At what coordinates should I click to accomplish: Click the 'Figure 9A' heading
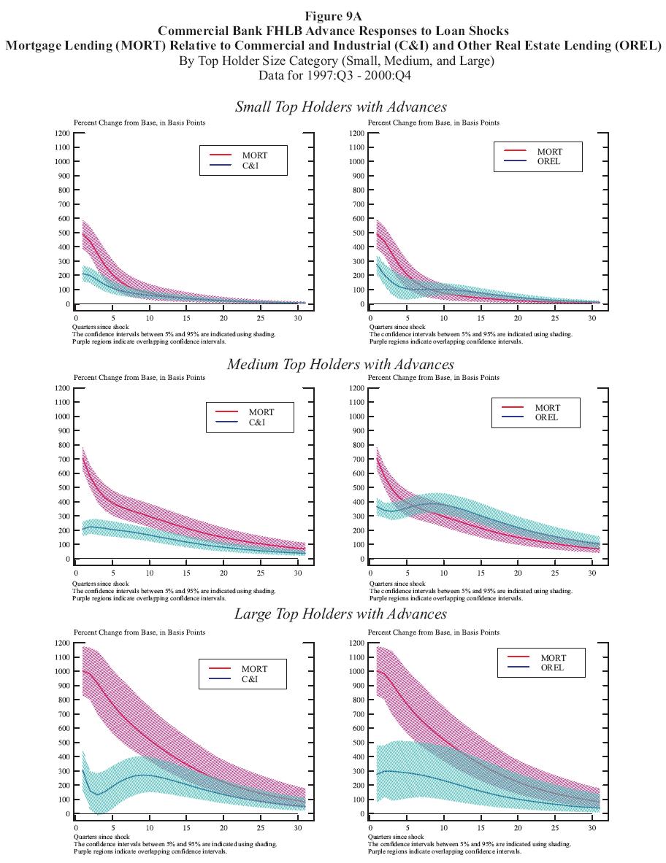(333, 16)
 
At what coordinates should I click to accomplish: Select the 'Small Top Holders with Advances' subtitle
(340, 107)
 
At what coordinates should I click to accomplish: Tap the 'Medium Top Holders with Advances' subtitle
(340, 363)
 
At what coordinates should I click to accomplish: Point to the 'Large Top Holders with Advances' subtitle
(340, 614)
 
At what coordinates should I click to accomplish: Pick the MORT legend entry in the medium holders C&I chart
(261, 412)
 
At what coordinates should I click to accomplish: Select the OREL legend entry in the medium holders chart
(546, 417)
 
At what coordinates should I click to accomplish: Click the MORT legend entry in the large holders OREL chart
(553, 658)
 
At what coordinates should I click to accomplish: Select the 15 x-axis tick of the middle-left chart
(187, 573)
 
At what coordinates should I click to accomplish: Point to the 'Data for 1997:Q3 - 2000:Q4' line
(336, 75)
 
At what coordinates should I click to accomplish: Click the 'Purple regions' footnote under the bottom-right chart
(445, 851)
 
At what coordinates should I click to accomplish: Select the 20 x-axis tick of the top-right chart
(518, 319)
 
